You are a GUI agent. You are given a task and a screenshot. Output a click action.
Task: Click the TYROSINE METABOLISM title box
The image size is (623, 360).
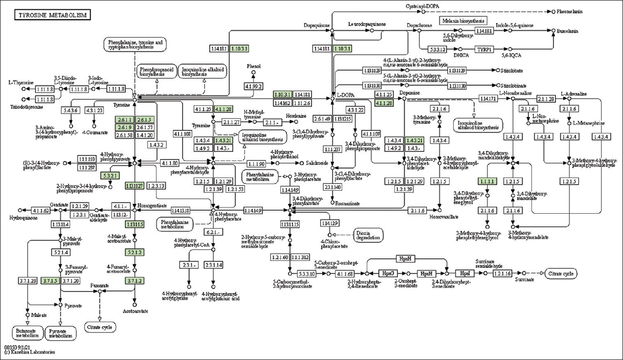point(53,15)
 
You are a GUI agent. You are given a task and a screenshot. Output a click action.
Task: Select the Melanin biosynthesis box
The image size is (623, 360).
point(462,21)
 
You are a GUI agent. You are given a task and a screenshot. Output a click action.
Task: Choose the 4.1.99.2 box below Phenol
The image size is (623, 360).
point(254,87)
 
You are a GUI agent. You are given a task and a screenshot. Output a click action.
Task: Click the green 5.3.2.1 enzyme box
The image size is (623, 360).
point(111,175)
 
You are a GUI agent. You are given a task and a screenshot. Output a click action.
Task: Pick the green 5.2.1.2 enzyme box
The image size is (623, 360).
point(135,253)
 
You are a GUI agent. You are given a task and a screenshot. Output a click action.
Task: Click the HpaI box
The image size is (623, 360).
point(464,273)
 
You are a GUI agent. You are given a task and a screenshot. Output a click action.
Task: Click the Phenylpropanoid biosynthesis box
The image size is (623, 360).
point(155,72)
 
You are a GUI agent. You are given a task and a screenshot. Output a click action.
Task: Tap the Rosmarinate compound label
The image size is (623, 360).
point(348,203)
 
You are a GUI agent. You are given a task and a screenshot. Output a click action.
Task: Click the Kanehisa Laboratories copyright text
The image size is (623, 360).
point(30,352)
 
